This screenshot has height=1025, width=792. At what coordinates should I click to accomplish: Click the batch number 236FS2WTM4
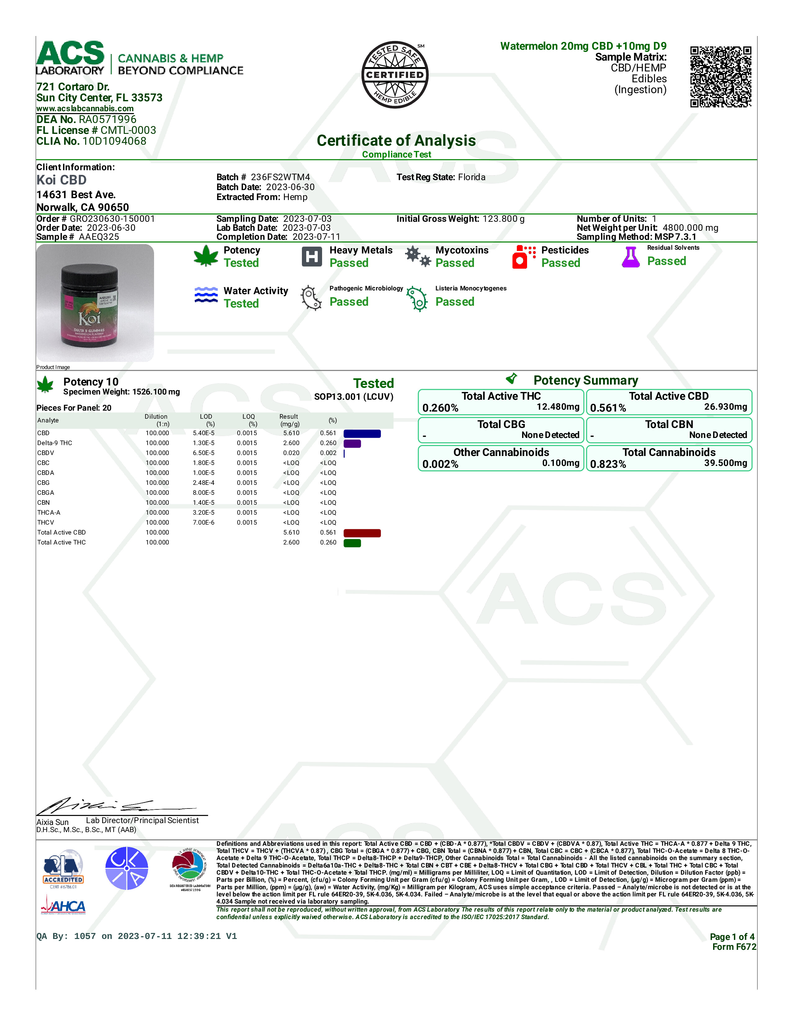tap(280, 177)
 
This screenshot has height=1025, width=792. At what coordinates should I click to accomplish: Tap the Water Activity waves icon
tap(206, 295)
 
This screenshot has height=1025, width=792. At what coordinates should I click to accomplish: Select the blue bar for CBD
tap(362, 434)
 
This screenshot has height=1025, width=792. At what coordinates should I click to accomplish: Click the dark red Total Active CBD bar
tap(362, 533)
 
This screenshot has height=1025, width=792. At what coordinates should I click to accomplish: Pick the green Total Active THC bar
tap(352, 543)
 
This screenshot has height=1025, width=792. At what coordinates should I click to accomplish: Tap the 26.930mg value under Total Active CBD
tap(725, 407)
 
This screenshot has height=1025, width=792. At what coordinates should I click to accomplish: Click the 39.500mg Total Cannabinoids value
tap(725, 463)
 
